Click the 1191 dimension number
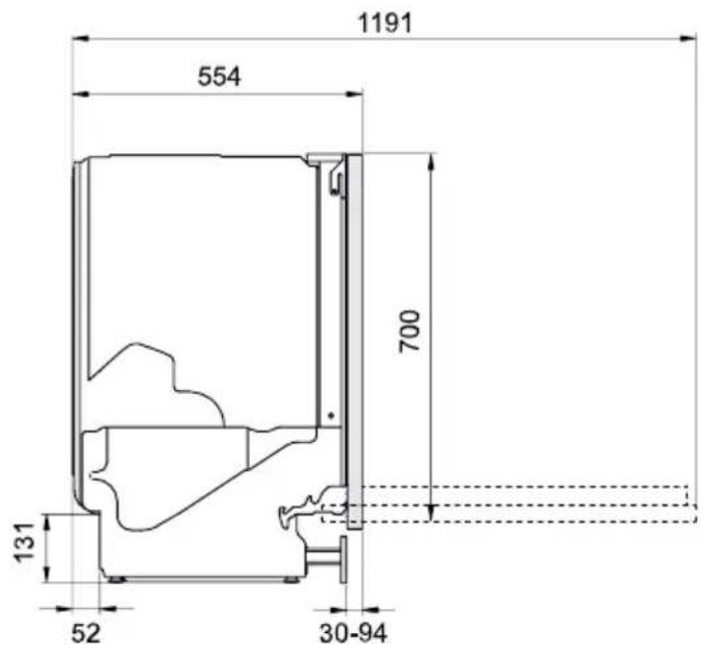coord(384,23)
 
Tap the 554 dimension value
coord(219,77)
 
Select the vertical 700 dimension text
coord(409,331)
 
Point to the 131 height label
coord(24,542)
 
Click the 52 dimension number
coord(87,633)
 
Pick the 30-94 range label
coord(352,633)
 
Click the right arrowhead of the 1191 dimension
coord(689,39)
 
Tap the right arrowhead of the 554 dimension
coord(353,94)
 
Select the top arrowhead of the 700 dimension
coord(431,161)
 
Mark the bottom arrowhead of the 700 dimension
coord(431,513)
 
